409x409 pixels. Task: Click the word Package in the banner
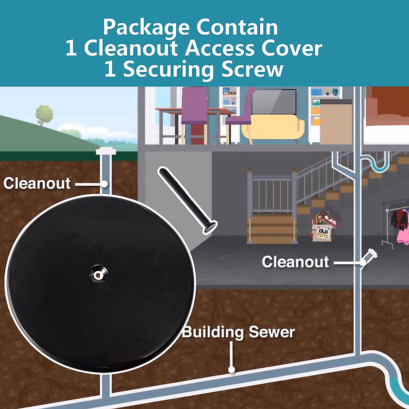click(147, 28)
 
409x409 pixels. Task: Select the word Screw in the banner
click(252, 69)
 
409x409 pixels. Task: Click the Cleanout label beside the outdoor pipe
click(37, 183)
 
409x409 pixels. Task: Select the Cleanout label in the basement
click(296, 262)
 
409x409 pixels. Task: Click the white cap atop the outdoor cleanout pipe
click(106, 151)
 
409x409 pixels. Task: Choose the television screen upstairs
click(274, 101)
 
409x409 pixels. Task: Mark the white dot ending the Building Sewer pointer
click(232, 369)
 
